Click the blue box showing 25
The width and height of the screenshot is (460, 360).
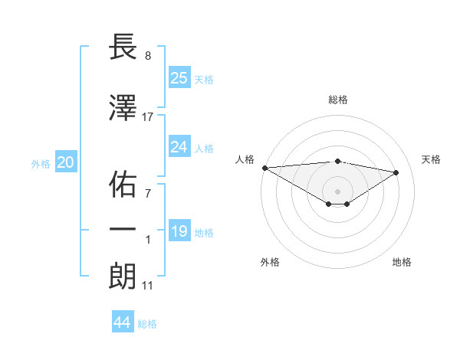(x=179, y=77)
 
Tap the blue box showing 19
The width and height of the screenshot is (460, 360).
(x=179, y=231)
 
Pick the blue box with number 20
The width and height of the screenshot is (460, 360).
(x=66, y=162)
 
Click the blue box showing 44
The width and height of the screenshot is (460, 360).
(x=123, y=322)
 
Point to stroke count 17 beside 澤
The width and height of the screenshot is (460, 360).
(x=148, y=116)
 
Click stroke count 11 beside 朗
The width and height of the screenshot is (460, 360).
(x=148, y=286)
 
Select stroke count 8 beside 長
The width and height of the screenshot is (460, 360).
(x=148, y=57)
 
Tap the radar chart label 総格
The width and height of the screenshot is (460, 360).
(x=337, y=100)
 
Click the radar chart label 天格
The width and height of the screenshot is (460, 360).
(x=431, y=159)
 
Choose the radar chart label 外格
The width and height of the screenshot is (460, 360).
(x=270, y=262)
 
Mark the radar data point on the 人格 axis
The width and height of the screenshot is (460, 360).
(x=264, y=167)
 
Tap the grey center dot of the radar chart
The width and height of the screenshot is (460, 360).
(x=337, y=191)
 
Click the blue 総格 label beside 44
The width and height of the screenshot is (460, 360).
(x=147, y=324)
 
